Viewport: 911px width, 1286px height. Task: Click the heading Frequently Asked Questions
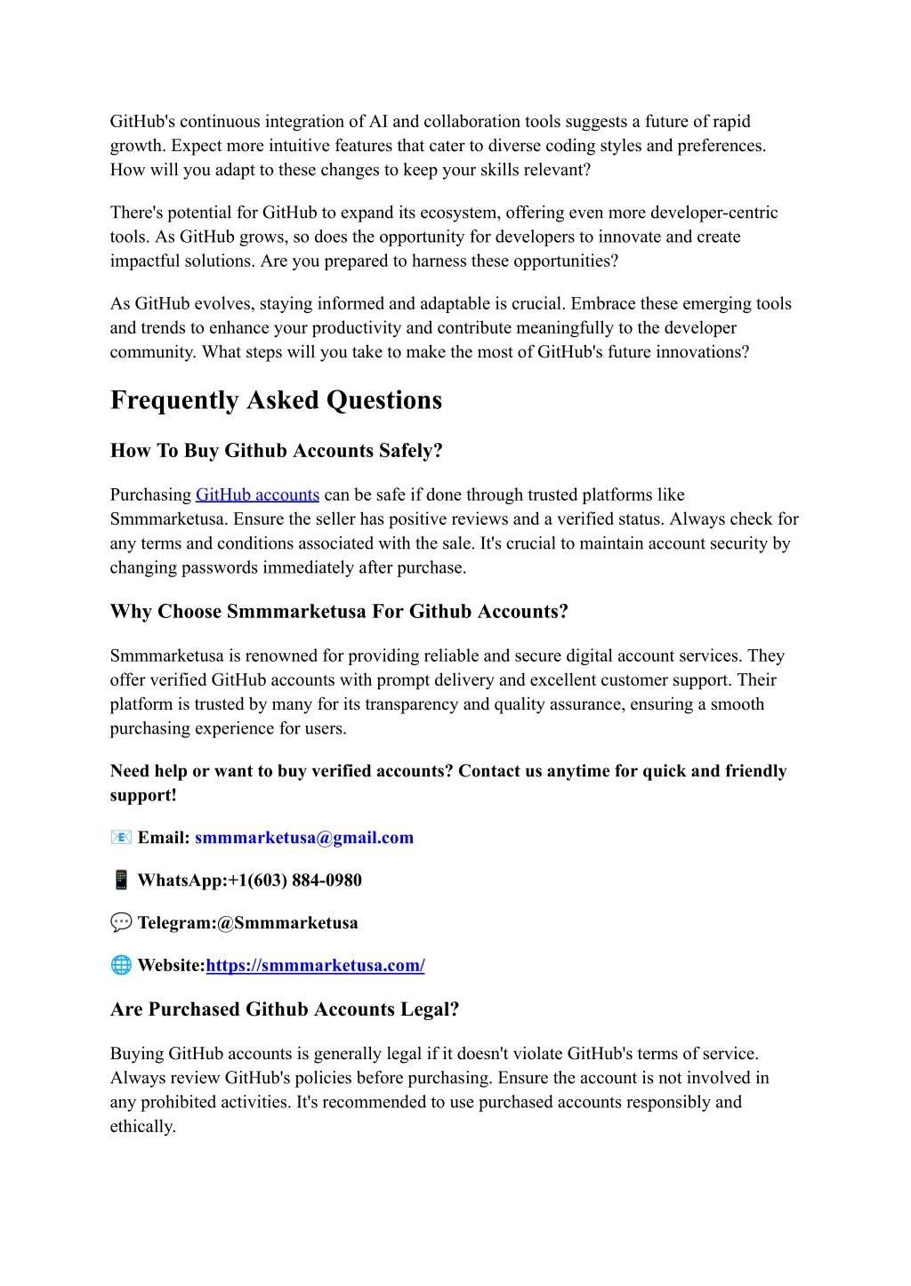pos(276,401)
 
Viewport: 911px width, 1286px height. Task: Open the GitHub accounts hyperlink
pos(257,495)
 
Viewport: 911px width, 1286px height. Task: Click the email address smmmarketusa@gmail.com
pos(304,838)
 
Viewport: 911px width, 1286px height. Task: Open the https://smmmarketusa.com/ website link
pos(315,966)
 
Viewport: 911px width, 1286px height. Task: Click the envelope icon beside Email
pos(121,838)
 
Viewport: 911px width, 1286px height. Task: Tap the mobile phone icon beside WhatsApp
pos(121,880)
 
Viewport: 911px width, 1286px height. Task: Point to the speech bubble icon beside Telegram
pos(121,923)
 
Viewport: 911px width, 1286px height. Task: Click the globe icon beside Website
pos(121,966)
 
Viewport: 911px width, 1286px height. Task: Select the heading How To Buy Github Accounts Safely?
pos(276,451)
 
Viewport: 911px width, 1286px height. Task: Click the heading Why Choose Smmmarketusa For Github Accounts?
pos(339,612)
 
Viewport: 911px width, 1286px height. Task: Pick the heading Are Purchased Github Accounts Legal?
pos(285,1009)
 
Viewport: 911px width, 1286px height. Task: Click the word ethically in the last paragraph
pos(141,1127)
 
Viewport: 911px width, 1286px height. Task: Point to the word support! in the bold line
pos(143,795)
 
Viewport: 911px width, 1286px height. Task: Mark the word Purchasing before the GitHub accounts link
pos(150,495)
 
